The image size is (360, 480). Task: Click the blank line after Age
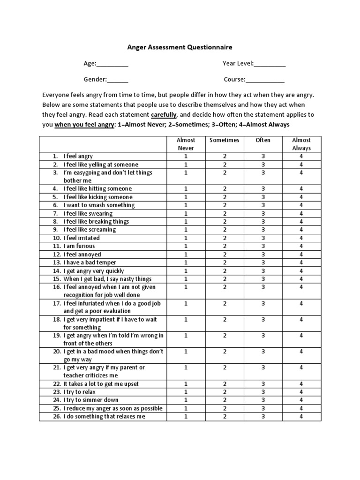click(x=112, y=64)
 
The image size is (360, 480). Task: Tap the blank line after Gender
click(x=118, y=80)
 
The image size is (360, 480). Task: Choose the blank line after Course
click(x=265, y=80)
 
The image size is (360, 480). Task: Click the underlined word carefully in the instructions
click(x=164, y=115)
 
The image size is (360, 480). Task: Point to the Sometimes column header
click(x=225, y=140)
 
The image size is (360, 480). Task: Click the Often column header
click(x=263, y=140)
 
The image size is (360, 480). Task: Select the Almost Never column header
click(x=186, y=144)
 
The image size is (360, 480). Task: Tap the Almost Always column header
click(x=301, y=144)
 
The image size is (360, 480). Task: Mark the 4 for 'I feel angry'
click(x=301, y=156)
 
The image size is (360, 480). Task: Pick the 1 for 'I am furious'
click(x=186, y=246)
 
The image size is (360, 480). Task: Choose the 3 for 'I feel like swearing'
click(x=263, y=213)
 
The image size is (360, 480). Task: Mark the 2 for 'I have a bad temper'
click(x=225, y=262)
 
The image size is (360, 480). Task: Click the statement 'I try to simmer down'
click(x=91, y=400)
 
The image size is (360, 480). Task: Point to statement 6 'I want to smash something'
click(x=99, y=205)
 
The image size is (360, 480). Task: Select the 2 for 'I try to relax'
click(x=225, y=392)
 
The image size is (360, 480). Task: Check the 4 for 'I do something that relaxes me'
click(x=301, y=416)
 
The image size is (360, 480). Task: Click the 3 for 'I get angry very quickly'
click(x=263, y=271)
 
